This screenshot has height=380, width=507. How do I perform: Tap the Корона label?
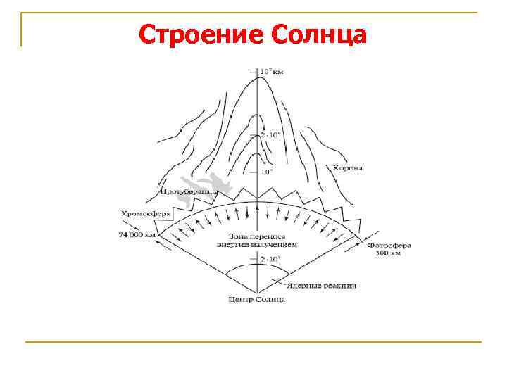347,167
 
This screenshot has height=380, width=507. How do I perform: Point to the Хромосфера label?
143,212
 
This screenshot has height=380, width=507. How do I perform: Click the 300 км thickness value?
387,253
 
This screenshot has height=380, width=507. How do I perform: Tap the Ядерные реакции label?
321,286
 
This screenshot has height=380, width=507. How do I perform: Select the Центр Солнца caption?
257,300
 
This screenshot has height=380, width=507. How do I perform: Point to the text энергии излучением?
258,244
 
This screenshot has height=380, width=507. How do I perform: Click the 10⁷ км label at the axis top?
271,71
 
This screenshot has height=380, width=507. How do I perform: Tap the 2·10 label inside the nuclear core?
270,260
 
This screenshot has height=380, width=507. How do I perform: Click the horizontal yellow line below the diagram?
254,342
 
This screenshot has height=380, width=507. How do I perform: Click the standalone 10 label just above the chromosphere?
267,172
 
